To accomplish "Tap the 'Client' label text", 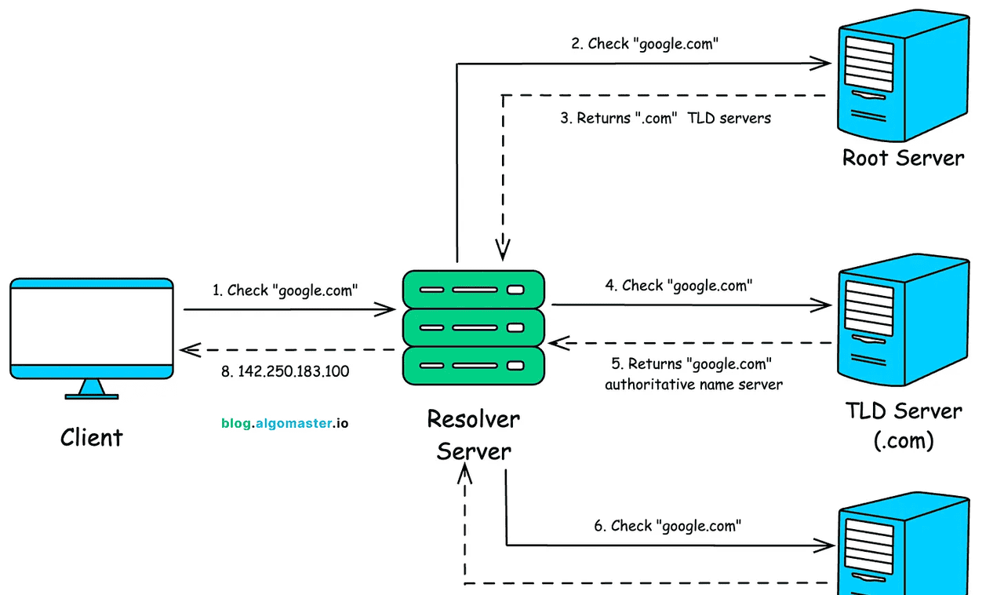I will pos(92,437).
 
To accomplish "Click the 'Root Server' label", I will pos(903,158).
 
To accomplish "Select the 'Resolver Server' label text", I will pos(473,435).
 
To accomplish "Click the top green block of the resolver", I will pos(473,289).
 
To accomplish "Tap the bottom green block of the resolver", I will pos(473,365).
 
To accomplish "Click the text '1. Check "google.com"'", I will pos(285,290).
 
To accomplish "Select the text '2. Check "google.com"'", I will pos(645,44).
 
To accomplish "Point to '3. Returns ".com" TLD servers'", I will pos(665,119).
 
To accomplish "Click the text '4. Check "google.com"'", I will pos(678,286).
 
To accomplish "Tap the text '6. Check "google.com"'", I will pos(668,526).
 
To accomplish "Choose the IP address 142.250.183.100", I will pos(286,371).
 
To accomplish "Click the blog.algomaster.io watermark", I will pos(285,423).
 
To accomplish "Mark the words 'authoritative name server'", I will pos(693,385).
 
